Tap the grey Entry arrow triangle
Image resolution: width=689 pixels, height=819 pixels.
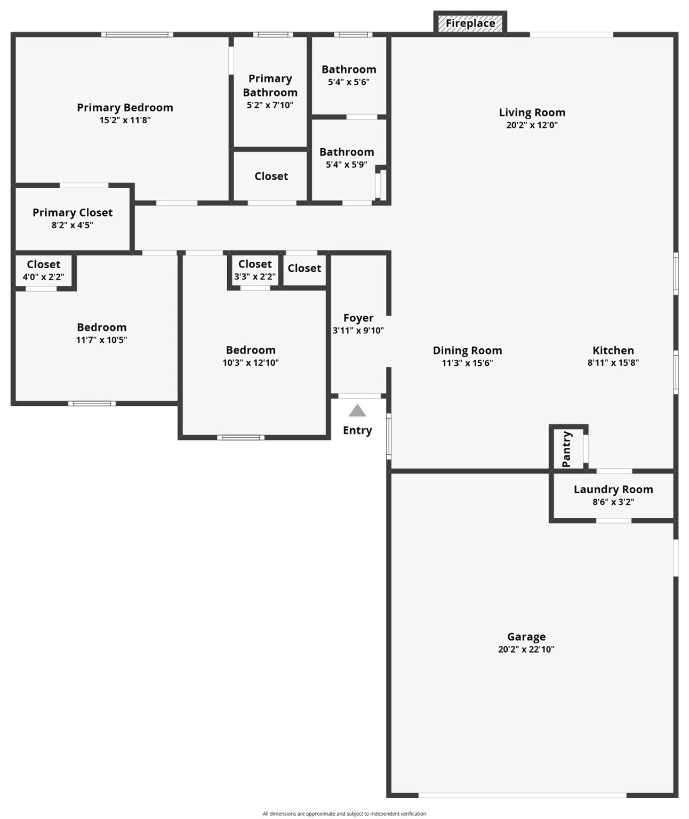point(357,411)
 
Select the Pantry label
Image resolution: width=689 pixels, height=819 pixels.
point(566,449)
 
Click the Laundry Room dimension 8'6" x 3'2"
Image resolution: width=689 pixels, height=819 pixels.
point(613,502)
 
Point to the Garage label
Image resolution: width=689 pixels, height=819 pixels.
point(526,637)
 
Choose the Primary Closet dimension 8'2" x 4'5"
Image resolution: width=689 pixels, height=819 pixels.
point(72,225)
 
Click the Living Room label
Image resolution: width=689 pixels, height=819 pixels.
point(532,113)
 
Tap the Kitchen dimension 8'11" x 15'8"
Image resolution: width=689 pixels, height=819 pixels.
point(613,363)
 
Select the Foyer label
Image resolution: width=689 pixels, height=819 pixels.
point(358,318)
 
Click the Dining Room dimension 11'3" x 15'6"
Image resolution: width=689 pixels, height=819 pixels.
point(467,363)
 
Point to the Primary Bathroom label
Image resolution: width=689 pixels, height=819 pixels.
point(270,85)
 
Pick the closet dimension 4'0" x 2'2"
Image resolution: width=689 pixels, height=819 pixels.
point(43,277)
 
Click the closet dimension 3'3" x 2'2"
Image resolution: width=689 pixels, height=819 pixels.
point(255,277)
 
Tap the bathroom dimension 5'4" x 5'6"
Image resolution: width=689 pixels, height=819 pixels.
point(349,82)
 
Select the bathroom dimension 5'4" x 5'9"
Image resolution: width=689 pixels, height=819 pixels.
point(347,165)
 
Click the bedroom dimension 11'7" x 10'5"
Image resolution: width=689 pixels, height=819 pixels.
point(101,340)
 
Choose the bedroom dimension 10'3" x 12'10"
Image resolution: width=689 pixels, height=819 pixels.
point(251,363)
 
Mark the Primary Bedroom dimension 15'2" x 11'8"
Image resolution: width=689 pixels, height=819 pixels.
point(125,120)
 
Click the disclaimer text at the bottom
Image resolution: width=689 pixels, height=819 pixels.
point(345,814)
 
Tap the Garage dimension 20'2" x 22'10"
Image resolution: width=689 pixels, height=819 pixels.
point(526,649)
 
